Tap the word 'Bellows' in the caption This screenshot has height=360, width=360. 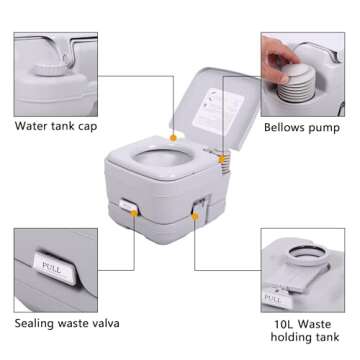[x=284, y=128]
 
